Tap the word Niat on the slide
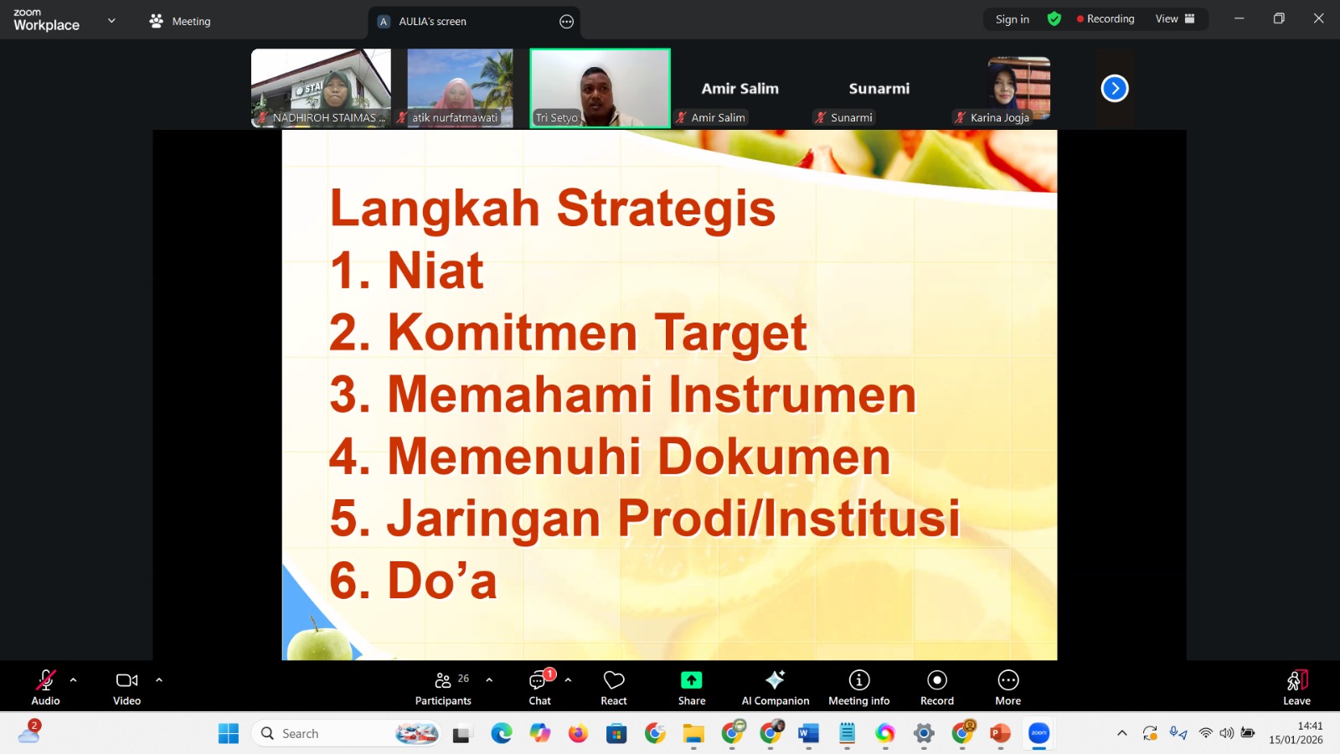(435, 271)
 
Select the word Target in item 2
(730, 333)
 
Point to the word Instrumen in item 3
(792, 395)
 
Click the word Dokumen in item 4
(774, 457)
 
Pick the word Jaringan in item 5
(493, 519)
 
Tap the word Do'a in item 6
(442, 580)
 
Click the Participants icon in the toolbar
(443, 680)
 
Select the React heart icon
(614, 680)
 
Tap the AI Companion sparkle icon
(776, 679)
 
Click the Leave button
(1297, 687)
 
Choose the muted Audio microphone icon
(45, 679)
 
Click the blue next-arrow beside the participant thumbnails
(1115, 89)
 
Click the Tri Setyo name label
(556, 118)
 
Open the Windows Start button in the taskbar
(229, 733)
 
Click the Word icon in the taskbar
(808, 733)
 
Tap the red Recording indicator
(1105, 19)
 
